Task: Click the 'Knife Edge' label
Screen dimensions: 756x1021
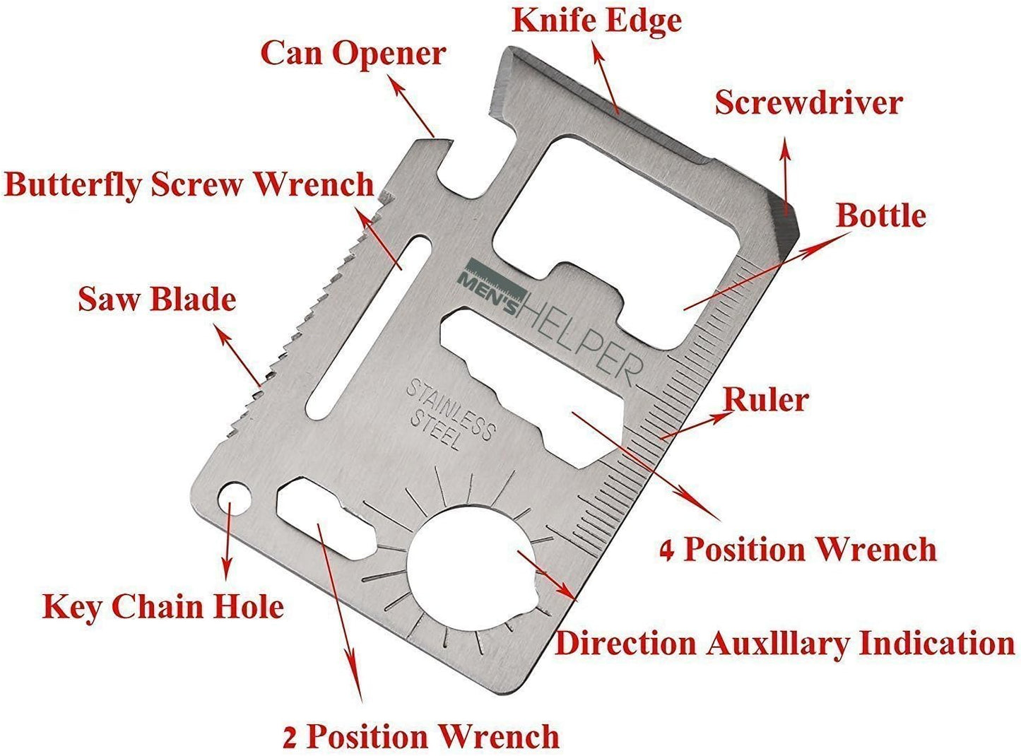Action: pyautogui.click(x=596, y=20)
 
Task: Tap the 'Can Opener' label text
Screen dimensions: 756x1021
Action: pyautogui.click(x=353, y=54)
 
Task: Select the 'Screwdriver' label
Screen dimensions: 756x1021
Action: pyautogui.click(x=808, y=102)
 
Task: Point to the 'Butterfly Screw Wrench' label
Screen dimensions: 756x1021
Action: pyautogui.click(x=189, y=184)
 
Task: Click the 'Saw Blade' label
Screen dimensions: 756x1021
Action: pyautogui.click(x=157, y=299)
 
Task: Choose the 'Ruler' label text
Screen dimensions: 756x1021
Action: pyautogui.click(x=766, y=400)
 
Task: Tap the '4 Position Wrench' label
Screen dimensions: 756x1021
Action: pyautogui.click(x=798, y=550)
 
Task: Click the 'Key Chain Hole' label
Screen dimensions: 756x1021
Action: pyautogui.click(x=163, y=607)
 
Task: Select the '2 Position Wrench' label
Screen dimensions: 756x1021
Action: pyautogui.click(x=421, y=736)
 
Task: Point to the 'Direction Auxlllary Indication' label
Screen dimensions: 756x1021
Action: pyautogui.click(x=784, y=644)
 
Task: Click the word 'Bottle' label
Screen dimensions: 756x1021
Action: pyautogui.click(x=880, y=215)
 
